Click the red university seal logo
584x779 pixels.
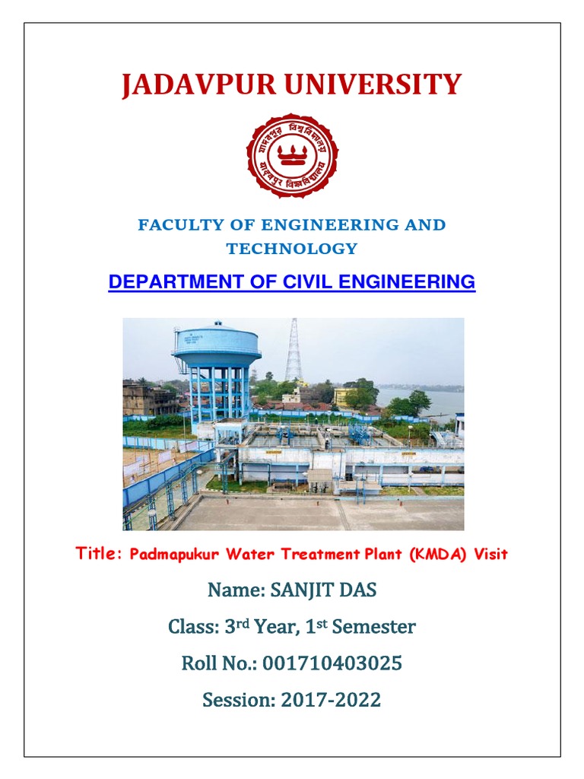(x=292, y=156)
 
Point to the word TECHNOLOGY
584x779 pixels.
(x=292, y=249)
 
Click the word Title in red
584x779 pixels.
(x=99, y=554)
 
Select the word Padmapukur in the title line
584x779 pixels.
(x=168, y=555)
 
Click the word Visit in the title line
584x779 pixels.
(x=490, y=555)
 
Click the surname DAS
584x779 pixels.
(x=357, y=591)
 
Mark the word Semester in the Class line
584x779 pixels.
(x=376, y=628)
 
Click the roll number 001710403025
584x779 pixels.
(x=332, y=664)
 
